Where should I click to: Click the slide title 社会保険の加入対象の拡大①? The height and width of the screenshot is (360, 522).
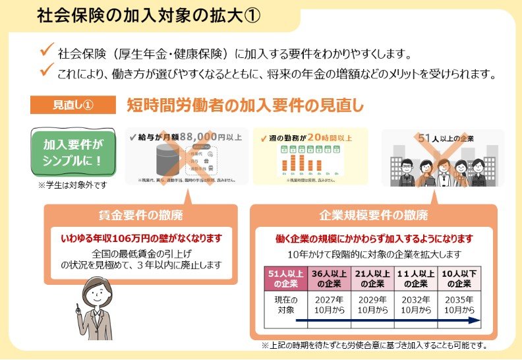point(148,16)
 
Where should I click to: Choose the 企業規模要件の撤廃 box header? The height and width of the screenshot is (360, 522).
point(373,215)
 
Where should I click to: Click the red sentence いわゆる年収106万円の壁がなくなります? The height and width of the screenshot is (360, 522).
point(141,237)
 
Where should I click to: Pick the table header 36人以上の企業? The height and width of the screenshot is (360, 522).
point(329,279)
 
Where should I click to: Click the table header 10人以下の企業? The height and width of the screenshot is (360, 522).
point(459,279)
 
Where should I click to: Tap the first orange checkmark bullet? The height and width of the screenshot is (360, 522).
point(45,49)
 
